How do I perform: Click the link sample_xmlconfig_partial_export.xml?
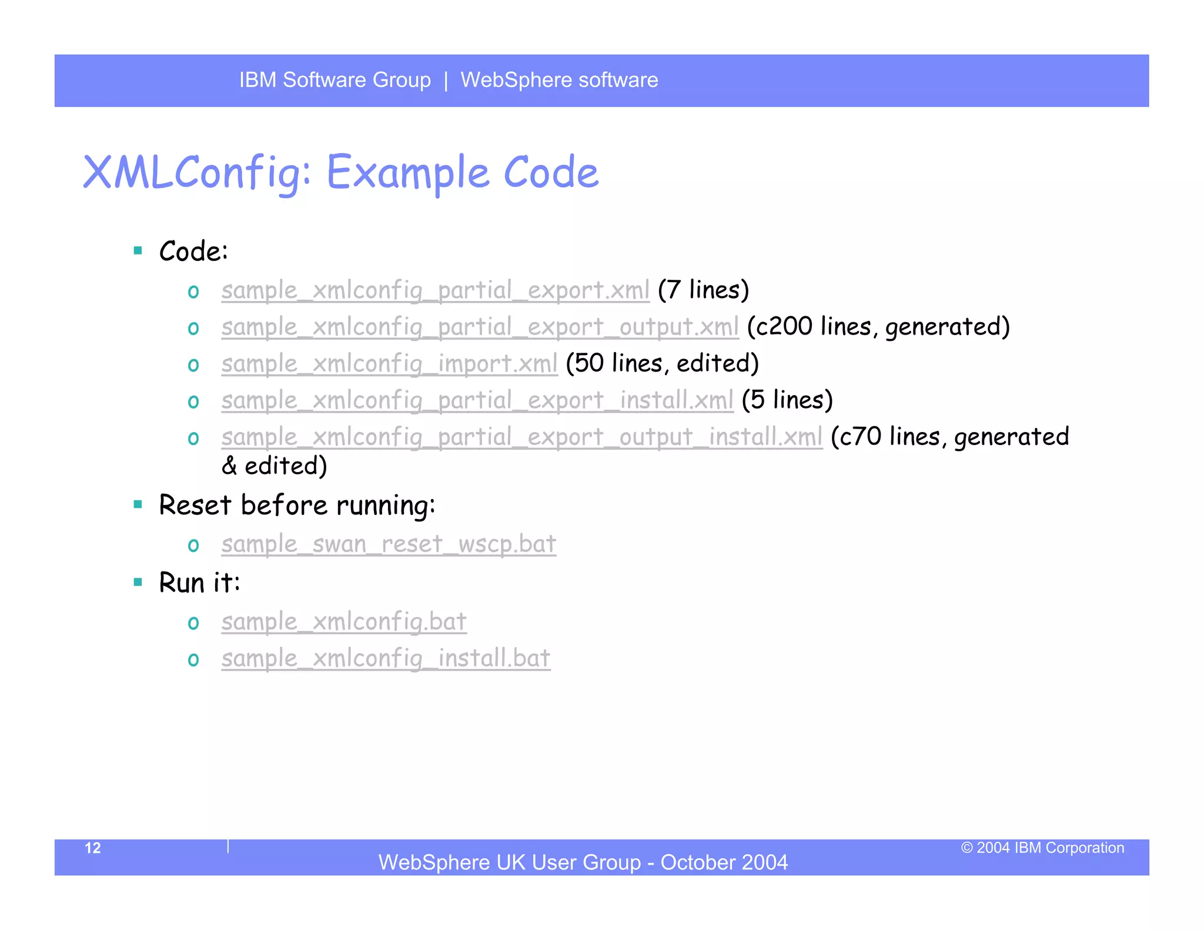pyautogui.click(x=435, y=290)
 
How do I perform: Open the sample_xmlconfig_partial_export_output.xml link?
pyautogui.click(x=480, y=327)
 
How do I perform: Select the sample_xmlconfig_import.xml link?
pyautogui.click(x=389, y=364)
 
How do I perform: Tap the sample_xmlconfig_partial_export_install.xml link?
pyautogui.click(x=477, y=400)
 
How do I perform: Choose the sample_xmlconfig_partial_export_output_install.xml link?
pyautogui.click(x=521, y=437)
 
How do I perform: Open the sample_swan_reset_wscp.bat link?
pyautogui.click(x=389, y=544)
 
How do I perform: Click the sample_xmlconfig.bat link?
pyautogui.click(x=344, y=622)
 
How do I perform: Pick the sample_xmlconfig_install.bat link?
pyautogui.click(x=386, y=658)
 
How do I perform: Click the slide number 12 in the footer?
pyautogui.click(x=93, y=848)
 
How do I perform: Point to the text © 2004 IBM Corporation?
pyautogui.click(x=1042, y=848)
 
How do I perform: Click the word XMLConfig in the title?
pyautogui.click(x=197, y=173)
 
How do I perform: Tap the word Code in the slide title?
pyautogui.click(x=551, y=173)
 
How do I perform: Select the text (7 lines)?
pyautogui.click(x=703, y=290)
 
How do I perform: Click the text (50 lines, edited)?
pyautogui.click(x=662, y=364)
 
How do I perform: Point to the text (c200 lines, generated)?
pyautogui.click(x=878, y=327)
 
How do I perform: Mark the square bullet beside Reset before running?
pyautogui.click(x=138, y=504)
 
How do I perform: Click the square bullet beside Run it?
pyautogui.click(x=138, y=582)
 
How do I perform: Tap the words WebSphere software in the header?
pyautogui.click(x=559, y=80)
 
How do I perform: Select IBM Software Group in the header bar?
pyautogui.click(x=335, y=80)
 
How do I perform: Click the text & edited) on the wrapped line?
pyautogui.click(x=274, y=466)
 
